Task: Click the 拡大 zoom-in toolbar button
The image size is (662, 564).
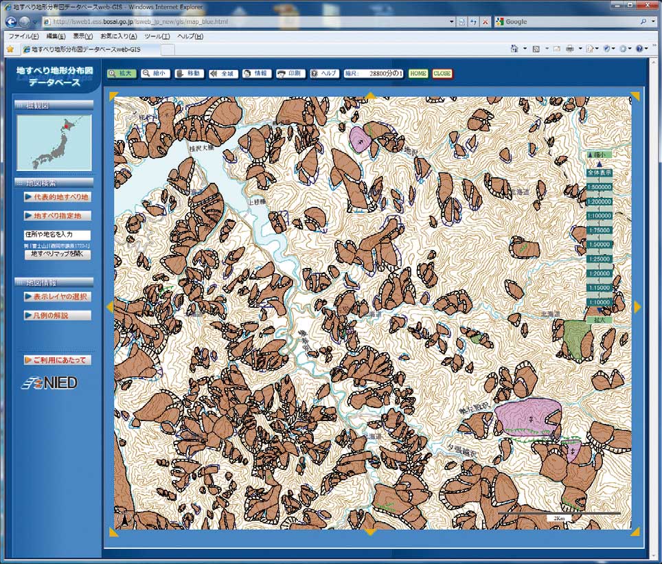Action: pyautogui.click(x=122, y=74)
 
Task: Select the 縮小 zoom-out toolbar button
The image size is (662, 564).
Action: pyautogui.click(x=155, y=74)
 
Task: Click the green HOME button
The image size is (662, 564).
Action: pyautogui.click(x=418, y=74)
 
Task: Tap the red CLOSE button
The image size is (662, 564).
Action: pyautogui.click(x=442, y=74)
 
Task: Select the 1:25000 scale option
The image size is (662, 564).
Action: pyautogui.click(x=599, y=258)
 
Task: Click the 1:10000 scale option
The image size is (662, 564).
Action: pyautogui.click(x=599, y=302)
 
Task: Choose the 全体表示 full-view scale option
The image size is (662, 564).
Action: pyautogui.click(x=599, y=172)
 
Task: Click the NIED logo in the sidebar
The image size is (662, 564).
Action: pyautogui.click(x=49, y=383)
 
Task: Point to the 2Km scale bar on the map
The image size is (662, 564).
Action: pyautogui.click(x=559, y=514)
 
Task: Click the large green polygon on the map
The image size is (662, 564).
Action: pyautogui.click(x=577, y=337)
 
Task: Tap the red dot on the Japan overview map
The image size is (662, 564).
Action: pyautogui.click(x=67, y=126)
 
